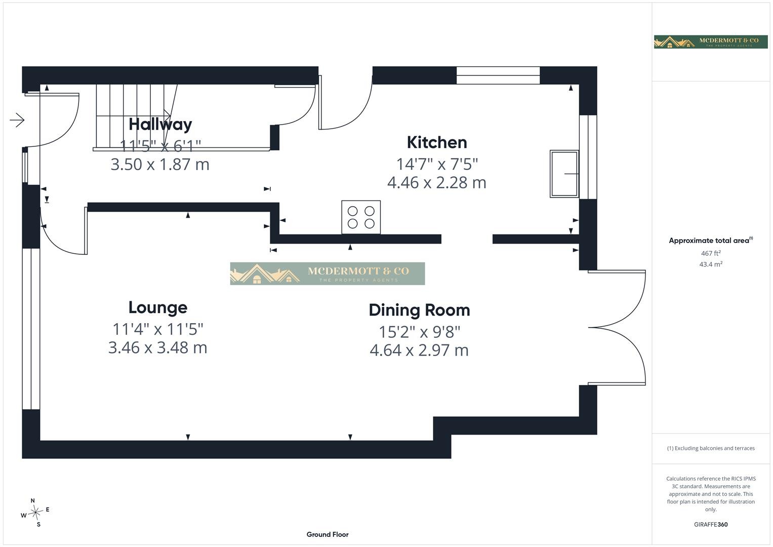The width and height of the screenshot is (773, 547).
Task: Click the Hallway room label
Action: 160,125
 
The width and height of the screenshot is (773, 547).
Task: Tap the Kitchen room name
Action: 437,142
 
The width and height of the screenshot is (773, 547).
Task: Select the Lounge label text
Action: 158,307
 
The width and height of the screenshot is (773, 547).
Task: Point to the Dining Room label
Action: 419,310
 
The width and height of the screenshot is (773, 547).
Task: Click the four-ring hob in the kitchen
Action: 361,217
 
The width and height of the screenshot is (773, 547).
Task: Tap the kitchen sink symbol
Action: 564,174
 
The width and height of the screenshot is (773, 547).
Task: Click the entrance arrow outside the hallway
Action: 17,120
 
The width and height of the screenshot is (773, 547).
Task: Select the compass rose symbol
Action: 35,513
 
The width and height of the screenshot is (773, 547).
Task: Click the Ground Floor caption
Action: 328,534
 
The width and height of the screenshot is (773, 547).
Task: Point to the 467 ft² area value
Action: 711,253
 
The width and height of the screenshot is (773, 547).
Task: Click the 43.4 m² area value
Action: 711,264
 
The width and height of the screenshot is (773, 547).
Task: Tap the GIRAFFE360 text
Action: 711,525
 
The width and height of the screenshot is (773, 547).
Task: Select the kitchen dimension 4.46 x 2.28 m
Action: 436,183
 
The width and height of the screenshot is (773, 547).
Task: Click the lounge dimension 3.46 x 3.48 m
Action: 158,348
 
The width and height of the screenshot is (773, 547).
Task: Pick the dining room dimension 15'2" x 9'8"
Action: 419,332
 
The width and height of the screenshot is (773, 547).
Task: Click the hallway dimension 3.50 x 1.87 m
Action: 160,165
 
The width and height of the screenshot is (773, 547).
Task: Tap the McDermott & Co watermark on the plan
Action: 328,273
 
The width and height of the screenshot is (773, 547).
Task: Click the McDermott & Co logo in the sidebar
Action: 711,42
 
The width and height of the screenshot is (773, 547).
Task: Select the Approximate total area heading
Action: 711,241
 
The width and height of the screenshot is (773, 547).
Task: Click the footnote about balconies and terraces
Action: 711,448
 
